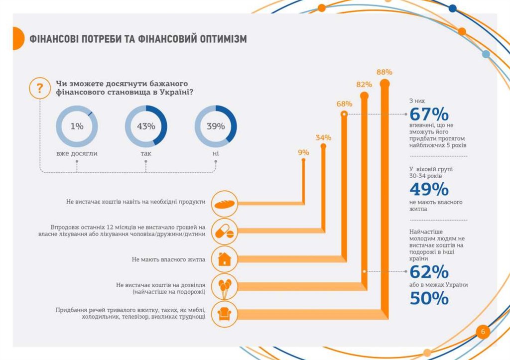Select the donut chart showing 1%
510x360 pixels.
point(77,126)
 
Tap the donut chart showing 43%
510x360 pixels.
point(146,126)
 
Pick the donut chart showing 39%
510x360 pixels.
point(216,126)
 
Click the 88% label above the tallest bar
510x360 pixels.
point(384,72)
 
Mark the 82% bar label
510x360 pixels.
point(364,85)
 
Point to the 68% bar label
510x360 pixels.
point(344,104)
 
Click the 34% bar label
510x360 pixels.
point(323,137)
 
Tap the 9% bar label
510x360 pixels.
point(304,152)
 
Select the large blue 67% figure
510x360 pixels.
point(429,114)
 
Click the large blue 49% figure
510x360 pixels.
point(429,189)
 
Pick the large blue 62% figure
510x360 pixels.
point(429,272)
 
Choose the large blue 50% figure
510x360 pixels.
point(429,298)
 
